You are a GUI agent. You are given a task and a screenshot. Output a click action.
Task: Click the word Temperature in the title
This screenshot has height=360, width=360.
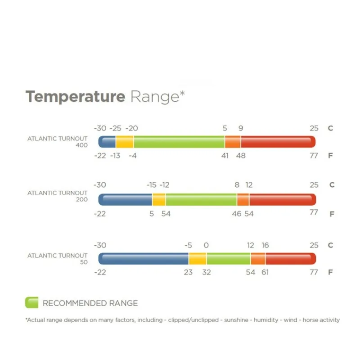tap(76, 97)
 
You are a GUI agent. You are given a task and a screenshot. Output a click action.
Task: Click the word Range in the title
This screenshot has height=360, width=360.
tap(155, 97)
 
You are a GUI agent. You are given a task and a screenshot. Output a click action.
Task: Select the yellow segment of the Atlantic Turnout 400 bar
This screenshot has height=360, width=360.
tap(125, 142)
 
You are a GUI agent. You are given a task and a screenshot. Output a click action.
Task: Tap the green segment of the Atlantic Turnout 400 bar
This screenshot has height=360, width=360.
tap(179, 142)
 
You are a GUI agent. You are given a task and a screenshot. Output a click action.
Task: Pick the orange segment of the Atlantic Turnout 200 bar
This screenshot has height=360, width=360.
tap(243, 200)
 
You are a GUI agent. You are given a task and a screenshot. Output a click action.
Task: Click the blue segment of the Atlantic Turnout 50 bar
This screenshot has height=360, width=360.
tap(144, 259)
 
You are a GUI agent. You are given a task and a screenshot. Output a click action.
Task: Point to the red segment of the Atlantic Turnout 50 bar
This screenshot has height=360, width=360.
tap(291, 259)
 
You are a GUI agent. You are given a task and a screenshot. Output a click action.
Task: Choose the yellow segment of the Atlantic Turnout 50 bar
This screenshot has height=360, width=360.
tap(198, 259)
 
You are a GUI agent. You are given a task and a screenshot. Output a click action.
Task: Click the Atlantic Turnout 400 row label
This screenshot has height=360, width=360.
tap(58, 142)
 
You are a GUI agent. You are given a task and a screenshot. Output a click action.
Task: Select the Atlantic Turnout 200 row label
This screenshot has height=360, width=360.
tap(58, 196)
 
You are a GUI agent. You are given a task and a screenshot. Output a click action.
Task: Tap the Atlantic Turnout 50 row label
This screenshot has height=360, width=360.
tap(58, 259)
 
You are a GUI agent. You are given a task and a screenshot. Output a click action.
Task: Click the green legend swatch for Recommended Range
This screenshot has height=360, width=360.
tap(31, 302)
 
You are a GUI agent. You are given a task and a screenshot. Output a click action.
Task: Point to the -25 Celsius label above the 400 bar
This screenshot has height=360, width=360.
tap(115, 128)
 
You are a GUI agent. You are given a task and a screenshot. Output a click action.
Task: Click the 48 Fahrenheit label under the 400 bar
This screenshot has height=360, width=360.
tap(241, 156)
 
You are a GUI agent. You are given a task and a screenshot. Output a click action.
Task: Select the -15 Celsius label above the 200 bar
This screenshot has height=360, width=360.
tap(152, 185)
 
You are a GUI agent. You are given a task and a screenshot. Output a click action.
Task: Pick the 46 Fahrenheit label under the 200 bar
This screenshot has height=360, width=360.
tap(237, 214)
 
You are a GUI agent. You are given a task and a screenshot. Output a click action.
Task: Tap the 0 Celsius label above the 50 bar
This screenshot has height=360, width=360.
tap(206, 245)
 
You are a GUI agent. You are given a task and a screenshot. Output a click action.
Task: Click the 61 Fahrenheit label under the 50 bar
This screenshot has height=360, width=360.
tap(265, 272)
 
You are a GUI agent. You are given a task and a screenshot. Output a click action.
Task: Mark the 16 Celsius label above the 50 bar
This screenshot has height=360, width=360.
tap(265, 245)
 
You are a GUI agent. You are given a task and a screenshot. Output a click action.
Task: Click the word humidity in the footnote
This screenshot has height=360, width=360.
tap(266, 320)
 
